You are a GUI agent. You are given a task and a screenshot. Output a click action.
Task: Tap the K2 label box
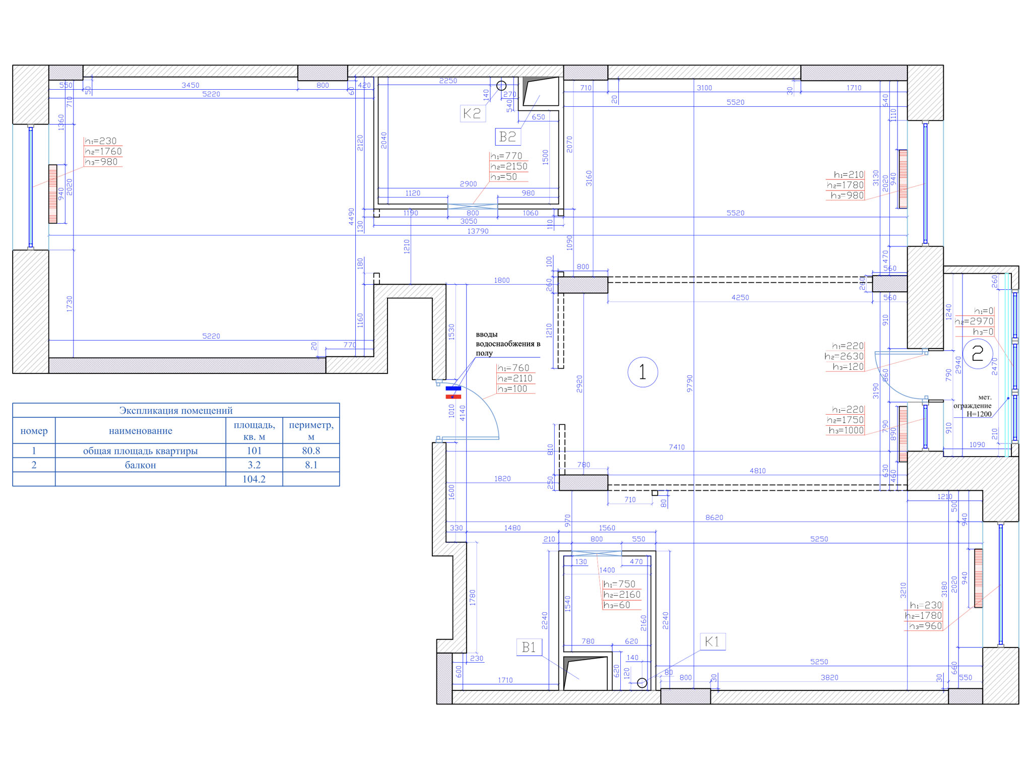click(x=472, y=113)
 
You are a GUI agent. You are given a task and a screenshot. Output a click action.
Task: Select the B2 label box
click(x=507, y=137)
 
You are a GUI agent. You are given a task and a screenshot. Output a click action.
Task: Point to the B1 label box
click(x=529, y=647)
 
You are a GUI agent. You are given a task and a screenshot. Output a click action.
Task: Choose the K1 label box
click(x=712, y=641)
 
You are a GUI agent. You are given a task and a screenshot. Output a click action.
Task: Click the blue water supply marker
click(x=454, y=389)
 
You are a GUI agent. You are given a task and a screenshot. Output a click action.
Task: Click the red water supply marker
click(x=454, y=397)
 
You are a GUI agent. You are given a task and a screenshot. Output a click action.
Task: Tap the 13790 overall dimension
click(x=478, y=231)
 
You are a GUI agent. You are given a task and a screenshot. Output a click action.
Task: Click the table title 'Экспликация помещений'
click(x=176, y=411)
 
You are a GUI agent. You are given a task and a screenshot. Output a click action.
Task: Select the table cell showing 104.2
click(x=254, y=479)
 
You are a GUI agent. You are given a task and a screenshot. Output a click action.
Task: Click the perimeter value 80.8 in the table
click(x=311, y=451)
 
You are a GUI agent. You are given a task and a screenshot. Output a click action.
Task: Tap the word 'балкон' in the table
click(x=140, y=465)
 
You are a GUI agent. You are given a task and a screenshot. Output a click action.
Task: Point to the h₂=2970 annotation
click(x=974, y=321)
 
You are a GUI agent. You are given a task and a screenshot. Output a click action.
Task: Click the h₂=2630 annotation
click(x=845, y=357)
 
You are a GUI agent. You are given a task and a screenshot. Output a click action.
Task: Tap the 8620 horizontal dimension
click(x=714, y=518)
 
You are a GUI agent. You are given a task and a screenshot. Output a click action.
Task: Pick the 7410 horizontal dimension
click(x=677, y=447)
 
